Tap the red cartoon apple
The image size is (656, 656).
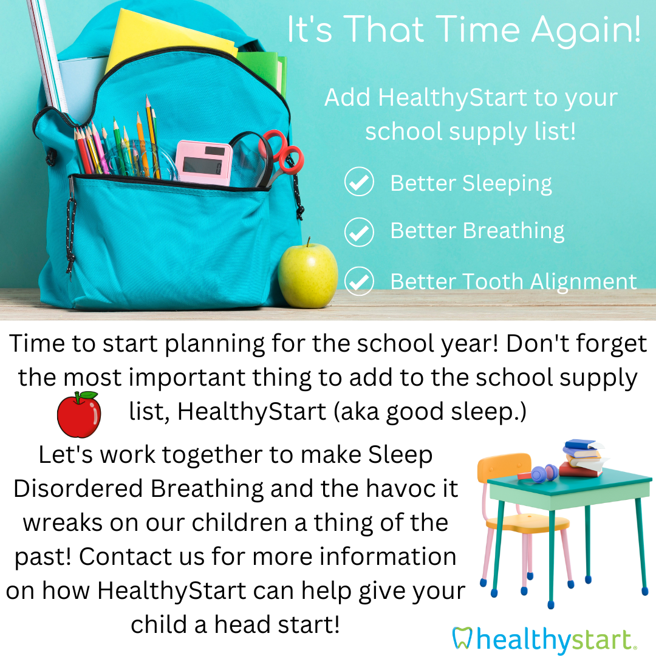(x=79, y=414)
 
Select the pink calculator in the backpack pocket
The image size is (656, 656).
(x=203, y=163)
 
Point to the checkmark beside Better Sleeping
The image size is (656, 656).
(x=359, y=182)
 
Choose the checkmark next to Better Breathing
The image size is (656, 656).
(x=359, y=232)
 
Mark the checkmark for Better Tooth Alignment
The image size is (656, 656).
(x=359, y=281)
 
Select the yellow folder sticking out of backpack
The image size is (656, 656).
(x=168, y=41)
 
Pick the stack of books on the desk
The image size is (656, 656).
(x=583, y=458)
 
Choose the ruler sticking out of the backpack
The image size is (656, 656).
(x=47, y=55)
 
